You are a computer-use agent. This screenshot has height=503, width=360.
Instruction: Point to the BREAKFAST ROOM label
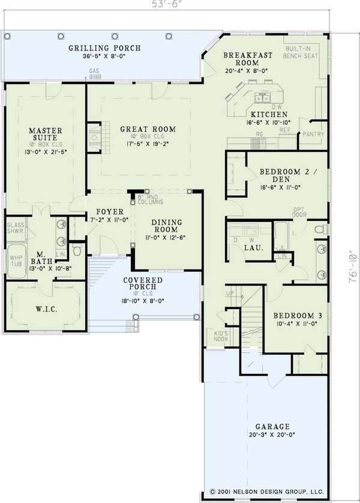(x=248, y=59)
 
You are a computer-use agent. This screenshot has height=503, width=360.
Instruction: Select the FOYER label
(x=108, y=212)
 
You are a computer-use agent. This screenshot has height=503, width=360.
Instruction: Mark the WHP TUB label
(x=15, y=261)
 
